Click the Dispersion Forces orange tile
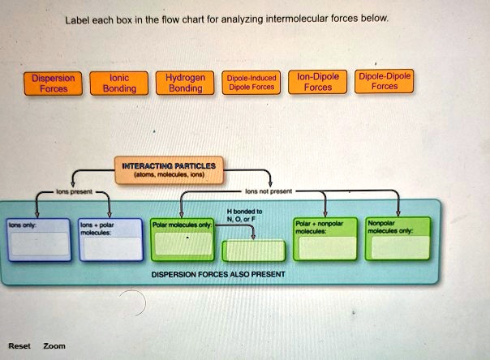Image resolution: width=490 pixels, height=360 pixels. pyautogui.click(x=53, y=84)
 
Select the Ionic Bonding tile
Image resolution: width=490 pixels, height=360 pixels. pyautogui.click(x=120, y=84)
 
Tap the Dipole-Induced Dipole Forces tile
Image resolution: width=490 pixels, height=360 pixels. pyautogui.click(x=252, y=84)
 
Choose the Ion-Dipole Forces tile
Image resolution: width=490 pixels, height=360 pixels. pyautogui.click(x=317, y=83)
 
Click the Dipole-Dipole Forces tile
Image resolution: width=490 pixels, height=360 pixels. pyautogui.click(x=385, y=80)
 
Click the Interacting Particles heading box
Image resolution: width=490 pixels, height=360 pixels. pyautogui.click(x=168, y=169)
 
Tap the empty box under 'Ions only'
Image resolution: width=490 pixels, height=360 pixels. pyautogui.click(x=39, y=245)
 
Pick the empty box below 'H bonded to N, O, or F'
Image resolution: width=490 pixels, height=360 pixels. pyautogui.click(x=253, y=250)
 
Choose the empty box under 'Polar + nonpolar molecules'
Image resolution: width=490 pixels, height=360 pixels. pyautogui.click(x=325, y=245)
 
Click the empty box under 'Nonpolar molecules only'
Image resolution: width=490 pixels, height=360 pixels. pyautogui.click(x=397, y=245)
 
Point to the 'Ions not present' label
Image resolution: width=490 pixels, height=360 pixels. pyautogui.click(x=264, y=192)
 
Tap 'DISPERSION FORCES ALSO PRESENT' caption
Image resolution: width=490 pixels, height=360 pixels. pyautogui.click(x=217, y=275)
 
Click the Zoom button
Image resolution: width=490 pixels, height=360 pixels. pyautogui.click(x=54, y=346)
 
